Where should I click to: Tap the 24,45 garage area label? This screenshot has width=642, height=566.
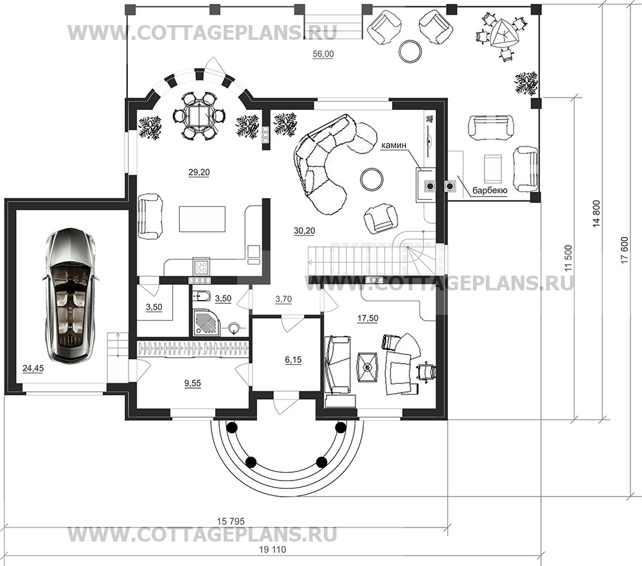pyautogui.click(x=33, y=369)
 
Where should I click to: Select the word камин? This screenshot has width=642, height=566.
pyautogui.click(x=394, y=145)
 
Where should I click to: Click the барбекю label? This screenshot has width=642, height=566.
pyautogui.click(x=490, y=191)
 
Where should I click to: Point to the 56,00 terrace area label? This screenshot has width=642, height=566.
pyautogui.click(x=323, y=54)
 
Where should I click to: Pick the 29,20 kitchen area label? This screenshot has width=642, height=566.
pyautogui.click(x=199, y=173)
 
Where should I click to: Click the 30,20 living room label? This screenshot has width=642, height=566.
pyautogui.click(x=304, y=231)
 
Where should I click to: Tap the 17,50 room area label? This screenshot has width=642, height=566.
pyautogui.click(x=368, y=318)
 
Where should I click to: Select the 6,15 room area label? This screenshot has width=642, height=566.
pyautogui.click(x=293, y=360)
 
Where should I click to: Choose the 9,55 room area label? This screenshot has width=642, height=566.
pyautogui.click(x=193, y=384)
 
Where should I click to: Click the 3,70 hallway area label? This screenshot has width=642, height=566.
pyautogui.click(x=284, y=299)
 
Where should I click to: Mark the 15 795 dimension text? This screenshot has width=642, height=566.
pyautogui.click(x=231, y=521)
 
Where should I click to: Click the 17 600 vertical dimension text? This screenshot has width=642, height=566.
pyautogui.click(x=625, y=250)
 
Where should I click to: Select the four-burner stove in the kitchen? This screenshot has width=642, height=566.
pyautogui.click(x=201, y=267)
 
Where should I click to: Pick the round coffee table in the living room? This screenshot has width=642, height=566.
pyautogui.click(x=372, y=180)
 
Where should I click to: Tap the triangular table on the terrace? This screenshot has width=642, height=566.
pyautogui.click(x=504, y=33)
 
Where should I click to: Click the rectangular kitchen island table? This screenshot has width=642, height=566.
pyautogui.click(x=202, y=219)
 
